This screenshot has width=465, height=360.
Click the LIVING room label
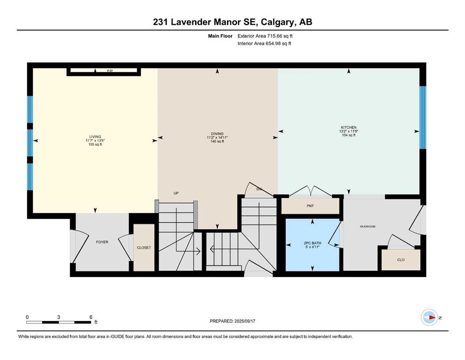tap(95, 137)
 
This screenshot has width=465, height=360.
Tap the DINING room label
tap(217, 134)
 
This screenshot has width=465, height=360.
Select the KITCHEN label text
tap(349, 127)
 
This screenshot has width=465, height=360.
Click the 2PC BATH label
tap(312, 243)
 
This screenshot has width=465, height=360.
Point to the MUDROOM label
tap(368, 226)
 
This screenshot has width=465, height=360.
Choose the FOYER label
tap(102, 242)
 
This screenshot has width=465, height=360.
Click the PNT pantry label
tap(310, 206)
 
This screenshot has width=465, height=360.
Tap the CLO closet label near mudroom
tap(401, 260)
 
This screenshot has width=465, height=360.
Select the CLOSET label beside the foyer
tap(144, 247)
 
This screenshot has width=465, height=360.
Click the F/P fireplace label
tap(110, 71)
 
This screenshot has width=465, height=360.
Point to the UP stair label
tap(176, 193)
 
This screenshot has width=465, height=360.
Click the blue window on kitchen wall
tap(423, 118)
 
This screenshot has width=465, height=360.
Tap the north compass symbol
tap(429, 317)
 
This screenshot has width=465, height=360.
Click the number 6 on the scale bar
tap(91, 317)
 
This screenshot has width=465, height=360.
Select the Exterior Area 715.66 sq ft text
tap(265, 36)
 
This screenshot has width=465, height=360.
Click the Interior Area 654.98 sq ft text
tap(264, 43)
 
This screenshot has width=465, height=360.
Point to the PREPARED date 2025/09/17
tap(232, 321)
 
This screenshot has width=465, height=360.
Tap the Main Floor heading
tap(220, 36)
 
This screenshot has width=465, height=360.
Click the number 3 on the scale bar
tap(59, 317)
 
